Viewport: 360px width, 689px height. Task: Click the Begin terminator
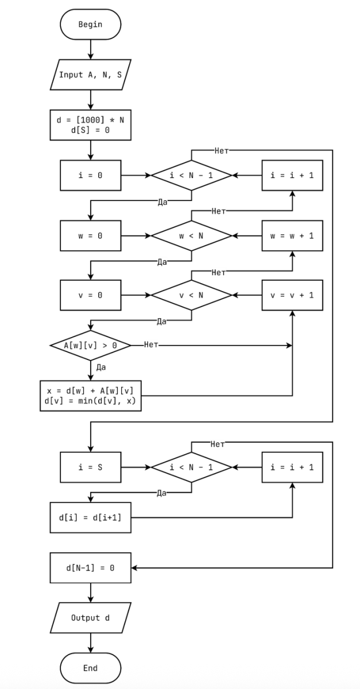pyautogui.click(x=90, y=24)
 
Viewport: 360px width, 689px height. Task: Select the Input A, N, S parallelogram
pyautogui.click(x=90, y=75)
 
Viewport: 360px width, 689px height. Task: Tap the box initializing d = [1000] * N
pyautogui.click(x=90, y=125)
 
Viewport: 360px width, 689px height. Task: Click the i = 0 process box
pyautogui.click(x=90, y=175)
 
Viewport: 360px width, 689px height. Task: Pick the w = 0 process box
pyautogui.click(x=90, y=235)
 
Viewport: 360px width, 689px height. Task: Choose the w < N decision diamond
pyautogui.click(x=191, y=235)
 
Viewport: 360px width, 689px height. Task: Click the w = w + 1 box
pyautogui.click(x=292, y=235)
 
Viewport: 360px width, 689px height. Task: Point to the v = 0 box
pyautogui.click(x=90, y=295)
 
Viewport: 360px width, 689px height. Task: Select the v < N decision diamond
pyautogui.click(x=191, y=295)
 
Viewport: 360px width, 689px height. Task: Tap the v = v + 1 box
pyautogui.click(x=292, y=295)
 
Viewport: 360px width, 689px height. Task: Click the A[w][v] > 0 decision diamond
pyautogui.click(x=90, y=345)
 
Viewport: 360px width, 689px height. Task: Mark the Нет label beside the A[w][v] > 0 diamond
pyautogui.click(x=151, y=345)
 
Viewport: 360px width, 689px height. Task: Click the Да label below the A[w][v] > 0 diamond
pyautogui.click(x=100, y=367)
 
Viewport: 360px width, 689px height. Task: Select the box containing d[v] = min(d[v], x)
pyautogui.click(x=90, y=396)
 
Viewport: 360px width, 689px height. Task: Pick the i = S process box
pyautogui.click(x=90, y=467)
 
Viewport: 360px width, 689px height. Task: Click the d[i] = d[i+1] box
pyautogui.click(x=90, y=517)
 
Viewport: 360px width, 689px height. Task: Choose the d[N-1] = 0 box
pyautogui.click(x=90, y=568)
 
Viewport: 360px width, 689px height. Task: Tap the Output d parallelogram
pyautogui.click(x=90, y=618)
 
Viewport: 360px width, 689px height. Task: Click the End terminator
pyautogui.click(x=90, y=668)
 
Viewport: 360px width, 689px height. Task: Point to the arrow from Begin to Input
pyautogui.click(x=90, y=49)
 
